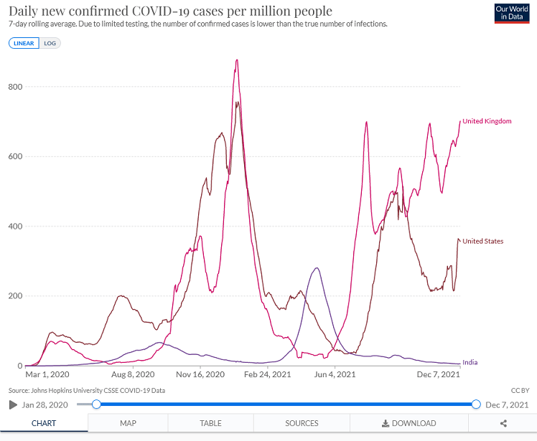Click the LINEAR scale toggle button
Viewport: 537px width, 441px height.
[x=24, y=43]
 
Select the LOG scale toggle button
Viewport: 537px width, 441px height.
[x=50, y=43]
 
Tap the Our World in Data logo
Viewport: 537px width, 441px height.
[x=512, y=14]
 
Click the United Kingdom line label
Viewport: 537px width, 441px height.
[x=487, y=121]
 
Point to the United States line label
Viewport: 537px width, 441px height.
[x=482, y=241]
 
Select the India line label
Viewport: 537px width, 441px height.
[x=470, y=362]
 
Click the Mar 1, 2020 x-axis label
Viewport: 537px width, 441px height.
[x=47, y=374]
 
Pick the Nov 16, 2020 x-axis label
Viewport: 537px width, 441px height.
[x=202, y=374]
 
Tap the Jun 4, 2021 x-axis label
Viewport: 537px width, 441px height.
[x=335, y=374]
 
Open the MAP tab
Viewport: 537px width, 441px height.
[x=128, y=423]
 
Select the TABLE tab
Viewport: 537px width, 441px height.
[x=210, y=423]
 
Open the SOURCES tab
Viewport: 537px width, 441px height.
[x=302, y=423]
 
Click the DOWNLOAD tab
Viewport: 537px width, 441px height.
[x=408, y=423]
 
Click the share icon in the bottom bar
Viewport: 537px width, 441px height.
[x=504, y=423]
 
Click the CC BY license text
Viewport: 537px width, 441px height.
[x=520, y=390]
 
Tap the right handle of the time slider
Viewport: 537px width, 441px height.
[x=475, y=404]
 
